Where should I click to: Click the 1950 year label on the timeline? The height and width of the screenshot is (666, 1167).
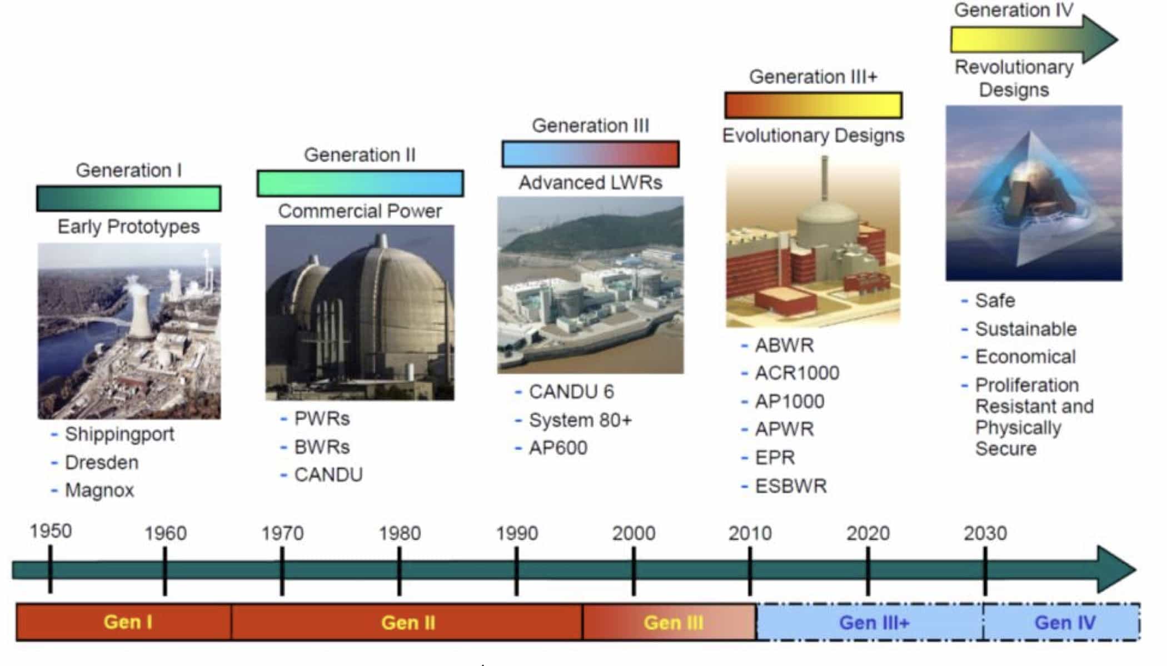(51, 531)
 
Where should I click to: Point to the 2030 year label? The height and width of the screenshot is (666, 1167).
(985, 533)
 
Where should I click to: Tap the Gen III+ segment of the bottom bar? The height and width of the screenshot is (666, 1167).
(874, 623)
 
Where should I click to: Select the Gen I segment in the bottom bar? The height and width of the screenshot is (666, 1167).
(128, 622)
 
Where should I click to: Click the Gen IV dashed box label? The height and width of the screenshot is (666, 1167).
(1064, 623)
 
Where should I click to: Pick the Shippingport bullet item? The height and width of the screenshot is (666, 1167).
(119, 434)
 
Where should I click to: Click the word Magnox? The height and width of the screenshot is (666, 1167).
(99, 490)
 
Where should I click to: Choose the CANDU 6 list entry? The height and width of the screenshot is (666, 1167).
(571, 392)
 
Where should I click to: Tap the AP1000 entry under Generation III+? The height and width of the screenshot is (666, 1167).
(789, 401)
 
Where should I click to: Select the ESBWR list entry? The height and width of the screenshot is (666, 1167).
(790, 486)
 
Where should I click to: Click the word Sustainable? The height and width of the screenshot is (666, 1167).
(1025, 329)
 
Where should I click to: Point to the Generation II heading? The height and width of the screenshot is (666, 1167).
(360, 155)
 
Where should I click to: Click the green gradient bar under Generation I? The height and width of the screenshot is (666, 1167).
(128, 198)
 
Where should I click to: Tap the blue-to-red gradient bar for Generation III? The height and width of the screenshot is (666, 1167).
(590, 154)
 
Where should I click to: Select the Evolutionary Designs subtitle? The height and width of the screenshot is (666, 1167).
(813, 136)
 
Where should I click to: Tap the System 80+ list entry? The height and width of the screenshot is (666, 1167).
(580, 420)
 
